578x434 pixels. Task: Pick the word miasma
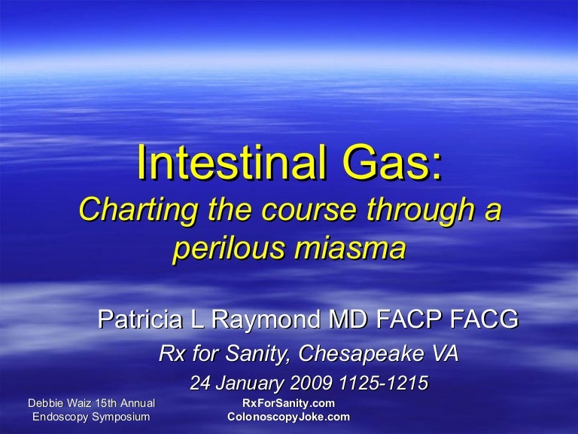tap(351, 249)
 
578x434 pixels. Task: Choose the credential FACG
tap(482, 320)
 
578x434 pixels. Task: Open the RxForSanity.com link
tap(288, 404)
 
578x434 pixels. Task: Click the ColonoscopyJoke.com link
tap(288, 417)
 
